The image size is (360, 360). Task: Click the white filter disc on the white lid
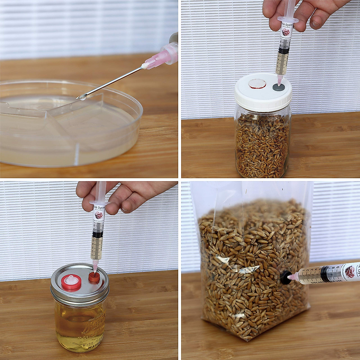click(x=257, y=84)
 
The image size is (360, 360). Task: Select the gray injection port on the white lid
click(x=279, y=88)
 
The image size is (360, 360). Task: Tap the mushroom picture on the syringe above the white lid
click(x=286, y=32)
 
